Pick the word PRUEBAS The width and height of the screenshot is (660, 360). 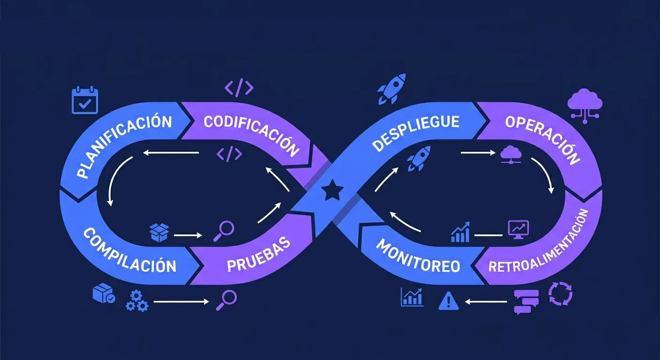pyautogui.click(x=258, y=256)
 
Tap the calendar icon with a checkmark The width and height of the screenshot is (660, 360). pyautogui.click(x=84, y=100)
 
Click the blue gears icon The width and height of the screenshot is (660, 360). pyautogui.click(x=137, y=300)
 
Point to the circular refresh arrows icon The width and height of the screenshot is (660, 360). pyautogui.click(x=560, y=294)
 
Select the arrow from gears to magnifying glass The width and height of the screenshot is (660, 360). pyautogui.click(x=181, y=302)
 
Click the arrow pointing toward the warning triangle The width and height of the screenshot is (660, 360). pyautogui.click(x=486, y=302)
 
